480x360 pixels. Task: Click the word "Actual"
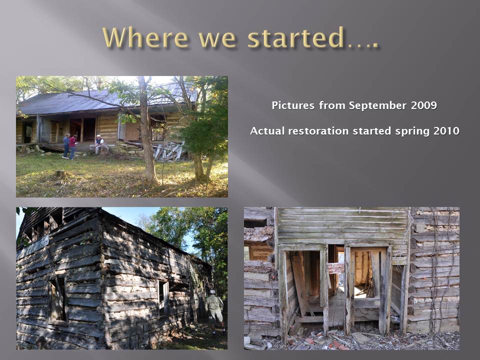pyautogui.click(x=267, y=131)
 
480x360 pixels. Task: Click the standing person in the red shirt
pyautogui.click(x=72, y=146)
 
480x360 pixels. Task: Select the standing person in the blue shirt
pyautogui.click(x=66, y=145)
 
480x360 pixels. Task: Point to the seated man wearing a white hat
pyautogui.click(x=97, y=144)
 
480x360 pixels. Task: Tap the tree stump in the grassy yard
pyautogui.click(x=59, y=173)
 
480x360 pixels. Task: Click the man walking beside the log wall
pyautogui.click(x=215, y=310)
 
